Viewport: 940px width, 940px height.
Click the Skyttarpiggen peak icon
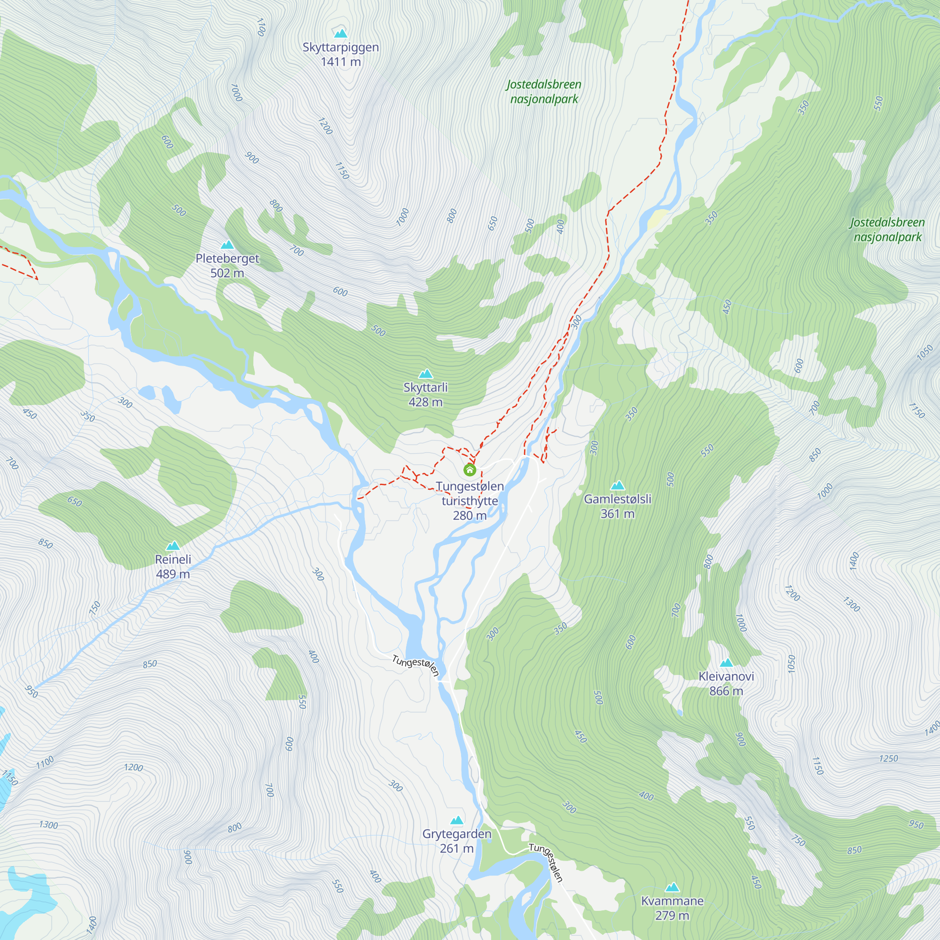(x=341, y=33)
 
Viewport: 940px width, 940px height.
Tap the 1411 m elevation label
(x=341, y=62)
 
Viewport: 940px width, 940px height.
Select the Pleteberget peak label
(x=227, y=258)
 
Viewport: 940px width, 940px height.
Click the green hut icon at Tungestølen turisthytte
(x=470, y=470)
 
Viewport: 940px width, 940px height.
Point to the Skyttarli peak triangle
(x=426, y=374)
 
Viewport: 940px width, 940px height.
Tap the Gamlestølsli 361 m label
(x=618, y=506)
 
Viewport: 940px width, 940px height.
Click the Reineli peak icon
(x=172, y=546)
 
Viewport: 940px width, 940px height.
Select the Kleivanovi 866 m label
(x=726, y=683)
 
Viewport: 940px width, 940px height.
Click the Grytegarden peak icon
(x=456, y=820)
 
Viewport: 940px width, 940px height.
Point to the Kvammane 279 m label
(x=672, y=908)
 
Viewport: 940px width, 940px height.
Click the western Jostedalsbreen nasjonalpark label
(x=544, y=92)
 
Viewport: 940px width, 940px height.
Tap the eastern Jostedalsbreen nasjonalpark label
(x=887, y=230)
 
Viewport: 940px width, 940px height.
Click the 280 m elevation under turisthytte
(x=470, y=516)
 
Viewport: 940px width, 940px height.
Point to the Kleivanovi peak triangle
(x=726, y=663)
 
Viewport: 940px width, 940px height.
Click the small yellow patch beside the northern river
(x=657, y=219)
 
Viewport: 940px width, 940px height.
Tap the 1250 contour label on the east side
(x=888, y=759)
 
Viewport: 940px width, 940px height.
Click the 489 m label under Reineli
(x=172, y=574)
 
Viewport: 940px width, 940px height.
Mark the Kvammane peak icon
(x=672, y=887)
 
